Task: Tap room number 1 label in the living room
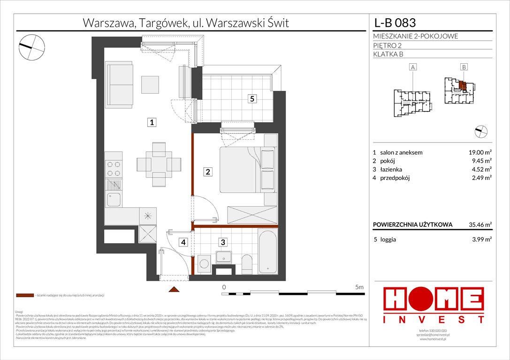[151, 123]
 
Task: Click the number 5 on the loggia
[252, 99]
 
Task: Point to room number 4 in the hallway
[184, 242]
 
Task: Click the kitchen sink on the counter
[114, 199]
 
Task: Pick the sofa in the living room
[121, 82]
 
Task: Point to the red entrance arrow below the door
[174, 290]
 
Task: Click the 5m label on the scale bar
[360, 286]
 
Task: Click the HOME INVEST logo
[434, 305]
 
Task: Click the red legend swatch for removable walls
[25, 296]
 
